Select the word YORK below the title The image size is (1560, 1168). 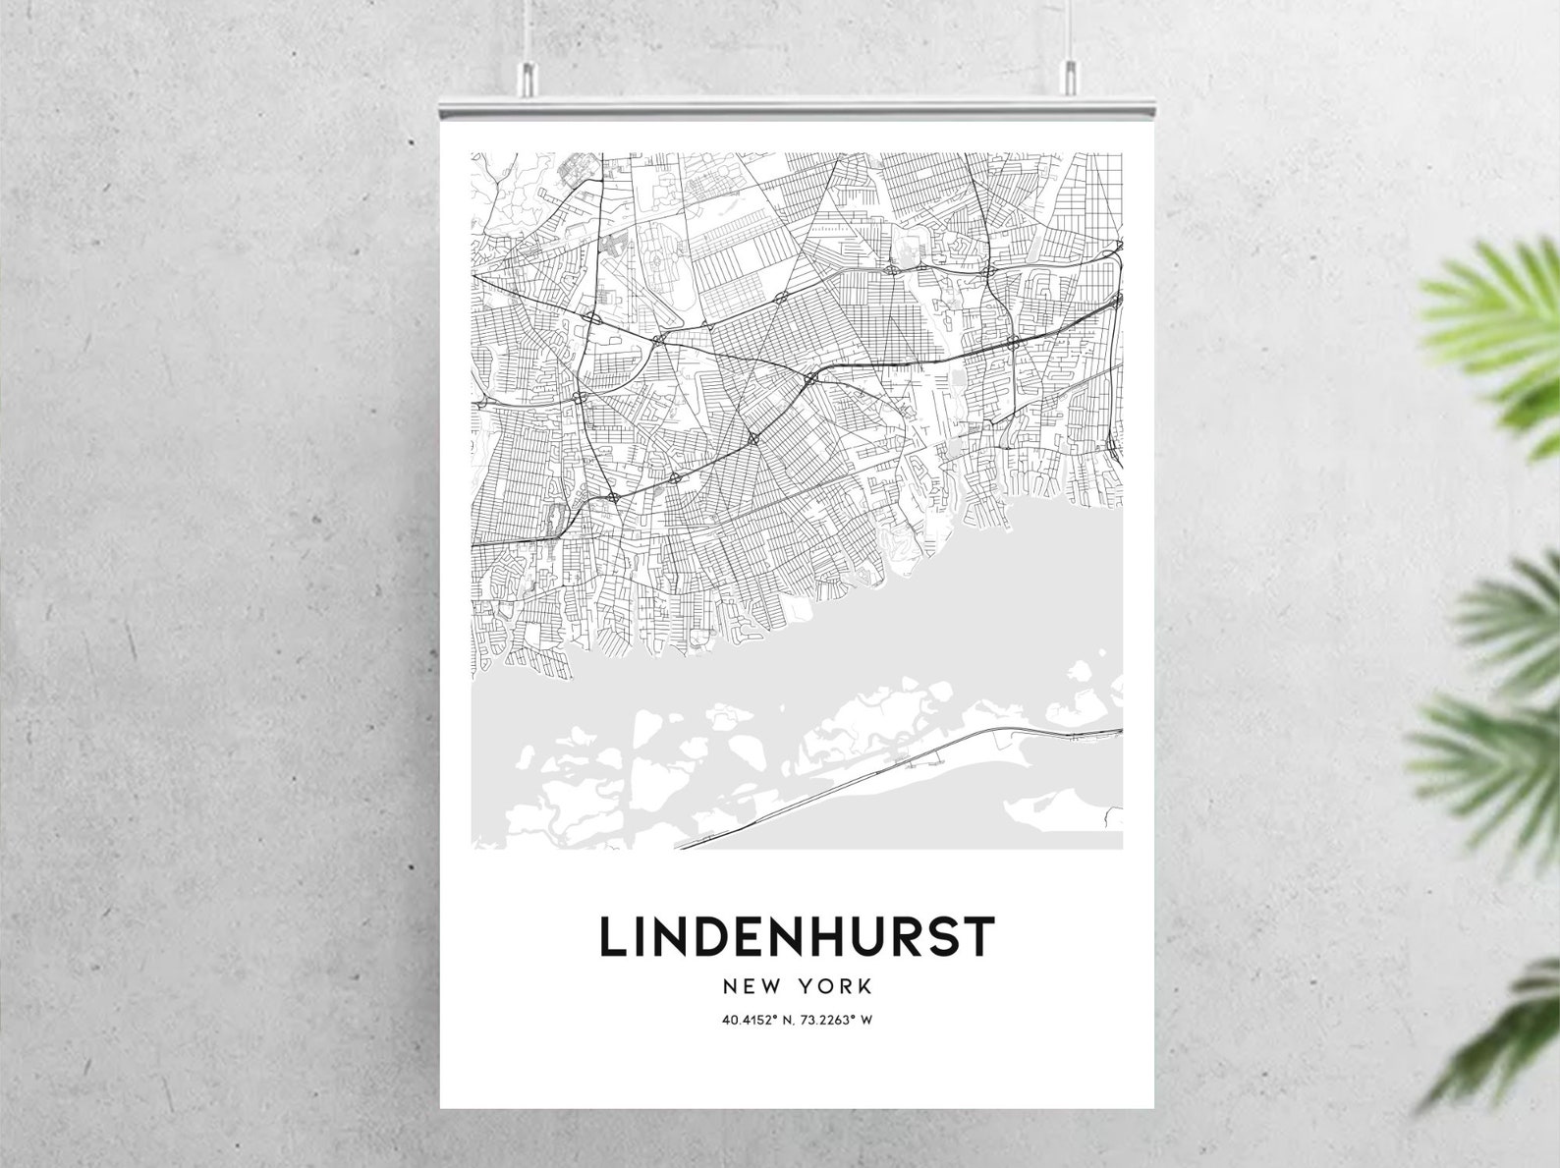836,985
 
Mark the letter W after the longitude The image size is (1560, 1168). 867,1020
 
